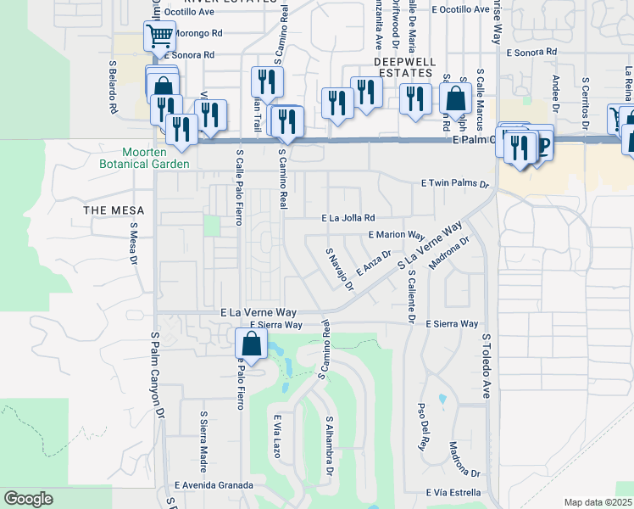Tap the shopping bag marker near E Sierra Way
[251, 344]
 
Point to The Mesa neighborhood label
[114, 210]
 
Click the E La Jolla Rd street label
[348, 218]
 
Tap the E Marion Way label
[396, 235]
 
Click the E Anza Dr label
[373, 263]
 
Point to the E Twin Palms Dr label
[455, 183]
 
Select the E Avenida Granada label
[214, 485]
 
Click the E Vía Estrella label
[442, 492]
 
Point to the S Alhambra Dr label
[330, 445]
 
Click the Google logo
[28, 499]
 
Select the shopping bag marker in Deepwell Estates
[455, 98]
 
